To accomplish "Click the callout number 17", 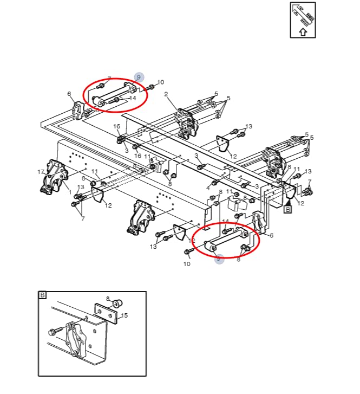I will (x=41, y=172).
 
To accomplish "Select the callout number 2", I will (x=166, y=94).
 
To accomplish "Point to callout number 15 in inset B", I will (x=124, y=315).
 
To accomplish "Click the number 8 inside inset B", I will (x=107, y=299).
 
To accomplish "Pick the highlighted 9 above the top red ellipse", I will (x=139, y=77).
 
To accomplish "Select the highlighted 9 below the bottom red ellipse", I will (x=219, y=259).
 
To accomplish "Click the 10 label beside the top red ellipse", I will (x=160, y=82).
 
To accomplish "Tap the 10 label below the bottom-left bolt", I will (x=187, y=264).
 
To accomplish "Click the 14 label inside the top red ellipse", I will (x=133, y=99).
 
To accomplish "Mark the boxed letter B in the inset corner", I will (x=43, y=295).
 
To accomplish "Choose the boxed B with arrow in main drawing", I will (x=287, y=208).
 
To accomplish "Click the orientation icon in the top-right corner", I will (x=303, y=20).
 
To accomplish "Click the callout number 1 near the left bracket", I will (x=70, y=192).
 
